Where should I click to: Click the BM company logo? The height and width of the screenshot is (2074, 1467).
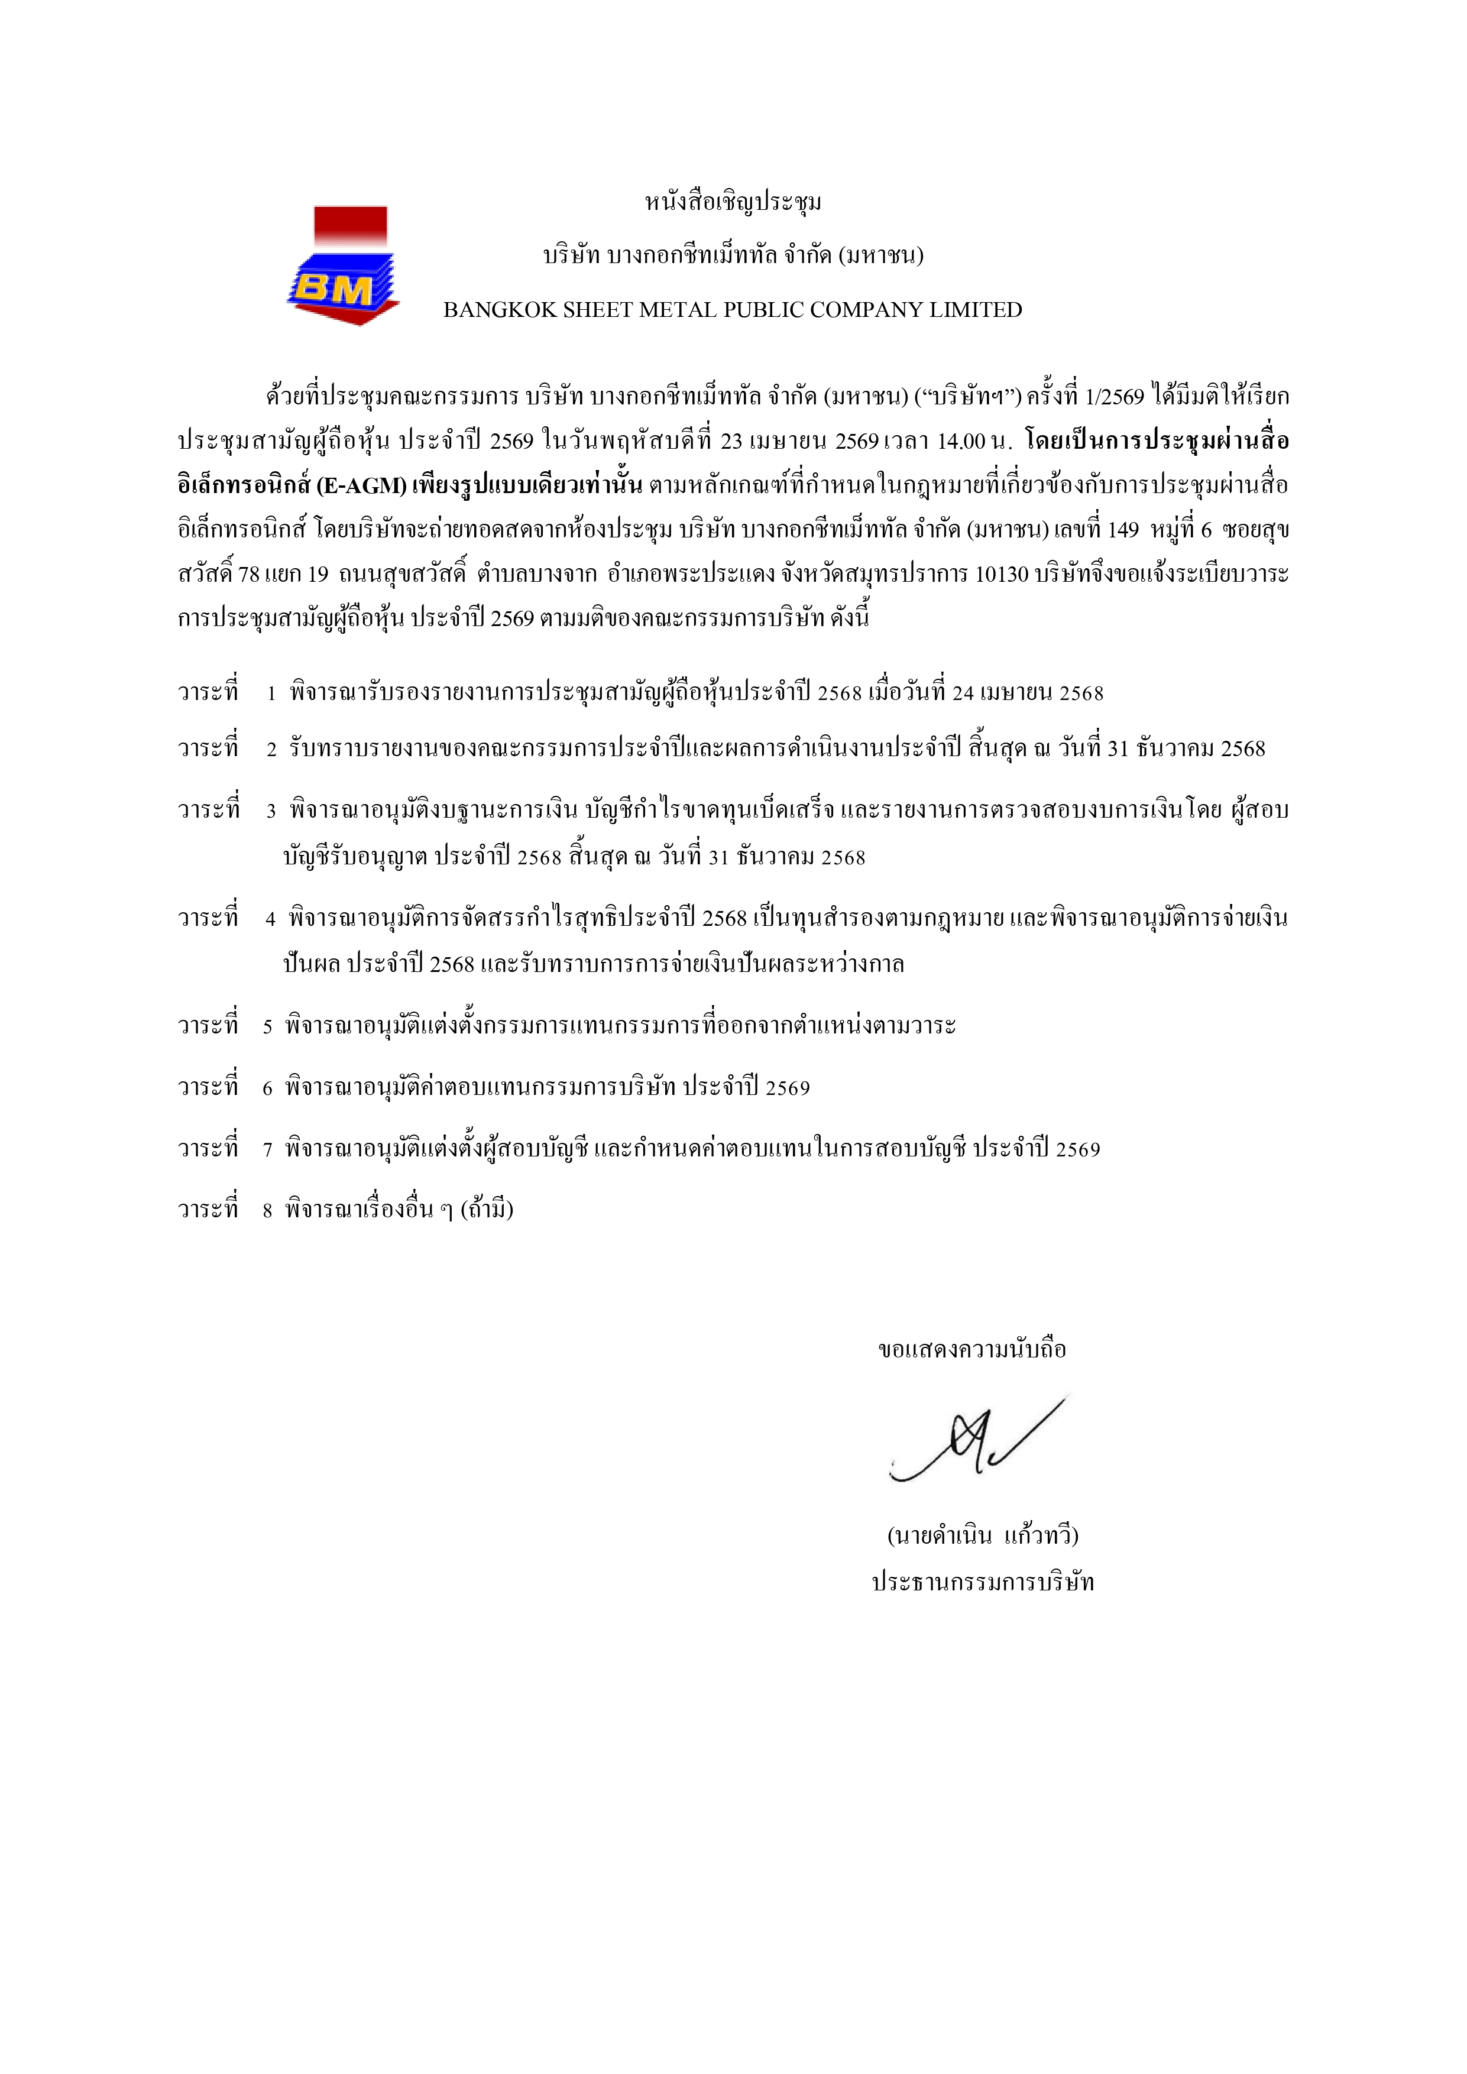(344, 267)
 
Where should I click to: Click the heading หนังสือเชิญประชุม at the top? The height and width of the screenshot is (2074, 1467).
(733, 202)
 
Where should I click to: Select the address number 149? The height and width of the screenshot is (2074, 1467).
(1123, 530)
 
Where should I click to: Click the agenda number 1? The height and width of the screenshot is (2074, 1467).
(271, 694)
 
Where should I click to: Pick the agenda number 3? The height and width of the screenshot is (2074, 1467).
(271, 811)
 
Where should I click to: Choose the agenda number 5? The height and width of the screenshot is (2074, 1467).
(267, 1027)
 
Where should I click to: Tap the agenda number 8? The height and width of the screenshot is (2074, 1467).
(267, 1210)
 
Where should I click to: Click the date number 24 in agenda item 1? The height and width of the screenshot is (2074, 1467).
(963, 694)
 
